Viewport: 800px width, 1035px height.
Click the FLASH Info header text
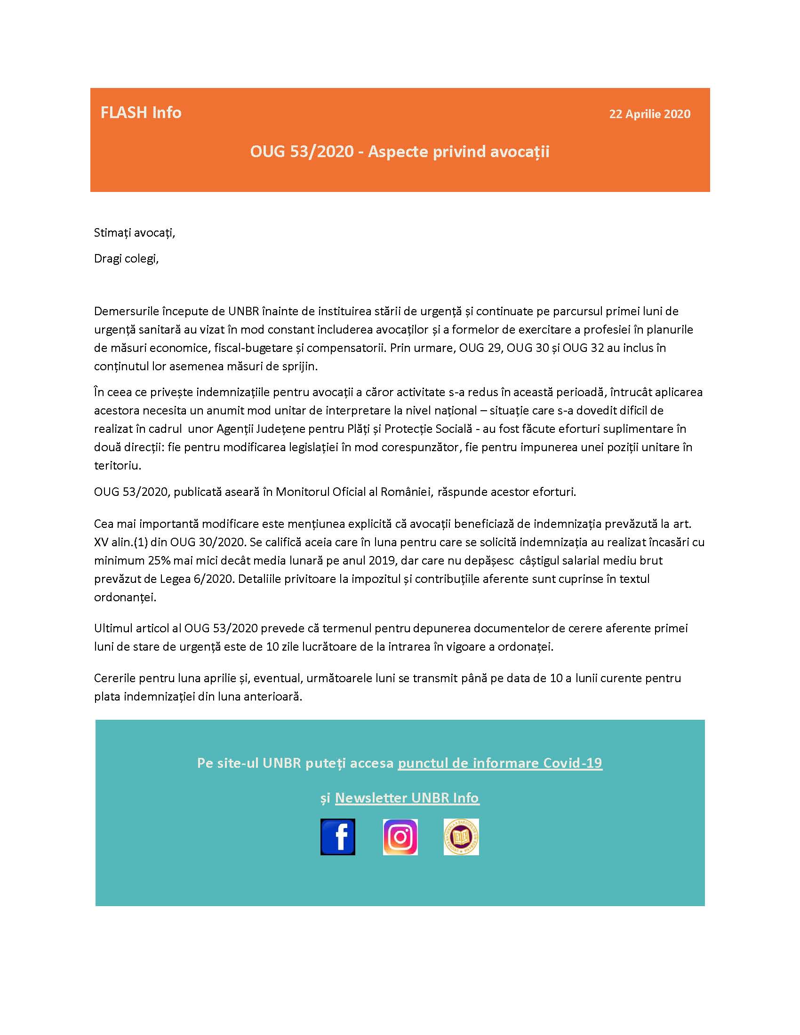[x=141, y=112]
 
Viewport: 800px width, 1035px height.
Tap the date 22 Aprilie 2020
[x=649, y=114]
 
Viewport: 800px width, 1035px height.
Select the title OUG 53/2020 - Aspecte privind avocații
[x=400, y=151]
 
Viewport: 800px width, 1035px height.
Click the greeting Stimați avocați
[x=134, y=232]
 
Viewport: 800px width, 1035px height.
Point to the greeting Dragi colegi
[x=126, y=259]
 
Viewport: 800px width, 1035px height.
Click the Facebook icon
[x=337, y=836]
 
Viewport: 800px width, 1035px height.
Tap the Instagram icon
[x=400, y=836]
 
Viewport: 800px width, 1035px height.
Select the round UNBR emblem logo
[x=461, y=836]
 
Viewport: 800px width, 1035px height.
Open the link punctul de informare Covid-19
[x=499, y=763]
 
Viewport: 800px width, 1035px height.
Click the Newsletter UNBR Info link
[x=407, y=797]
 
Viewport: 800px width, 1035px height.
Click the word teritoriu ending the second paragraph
[x=117, y=465]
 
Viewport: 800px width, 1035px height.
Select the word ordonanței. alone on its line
[x=125, y=597]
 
